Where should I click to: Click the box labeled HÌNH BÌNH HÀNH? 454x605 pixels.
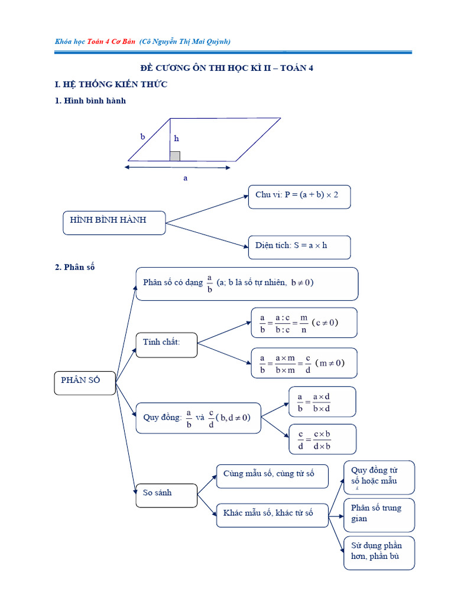114,222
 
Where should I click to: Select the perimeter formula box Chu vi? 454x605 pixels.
299,196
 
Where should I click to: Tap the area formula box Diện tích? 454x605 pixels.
299,246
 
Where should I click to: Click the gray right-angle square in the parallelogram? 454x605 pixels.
175,156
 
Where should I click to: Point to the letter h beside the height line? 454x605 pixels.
176,139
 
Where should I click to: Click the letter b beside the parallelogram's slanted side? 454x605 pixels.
142,136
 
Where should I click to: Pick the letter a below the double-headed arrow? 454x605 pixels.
185,177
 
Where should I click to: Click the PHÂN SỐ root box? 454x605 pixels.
85,382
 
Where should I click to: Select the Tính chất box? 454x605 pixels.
166,344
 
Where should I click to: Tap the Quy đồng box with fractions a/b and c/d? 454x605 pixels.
198,418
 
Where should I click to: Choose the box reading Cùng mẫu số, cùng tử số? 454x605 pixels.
272,476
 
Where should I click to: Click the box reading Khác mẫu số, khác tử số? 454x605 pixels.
272,515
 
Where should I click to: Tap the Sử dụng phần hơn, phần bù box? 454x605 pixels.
379,553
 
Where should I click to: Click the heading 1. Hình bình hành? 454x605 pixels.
90,101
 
